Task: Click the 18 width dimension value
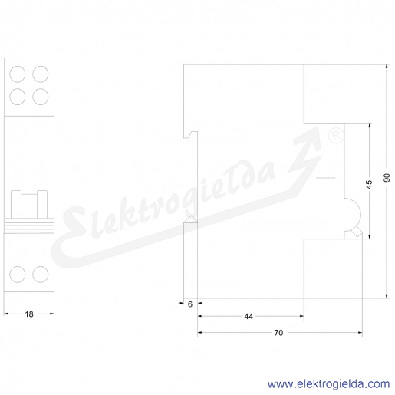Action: [29, 314]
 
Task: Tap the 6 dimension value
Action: [190, 304]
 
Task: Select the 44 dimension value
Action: [249, 317]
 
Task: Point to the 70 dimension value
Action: [278, 333]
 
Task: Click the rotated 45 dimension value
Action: [369, 184]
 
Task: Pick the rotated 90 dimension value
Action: [387, 177]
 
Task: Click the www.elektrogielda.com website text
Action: [328, 384]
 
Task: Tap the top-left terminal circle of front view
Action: [18, 74]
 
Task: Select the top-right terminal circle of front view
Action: [41, 74]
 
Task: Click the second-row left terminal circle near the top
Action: [18, 97]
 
